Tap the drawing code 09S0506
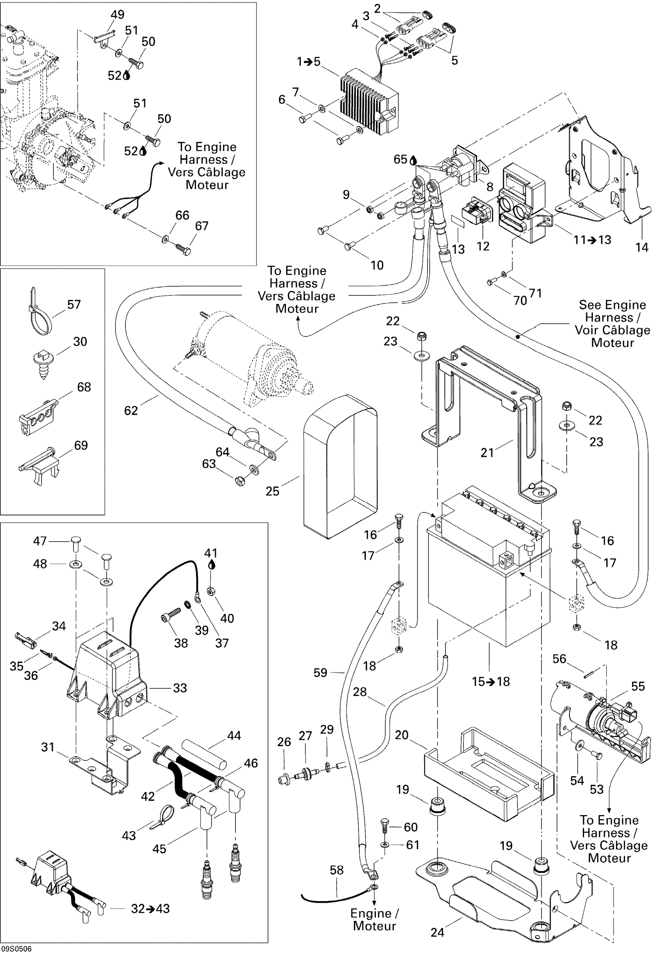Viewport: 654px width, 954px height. pos(16,949)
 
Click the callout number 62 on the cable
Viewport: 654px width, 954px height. pos(131,410)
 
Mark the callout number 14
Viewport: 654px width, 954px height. pos(642,247)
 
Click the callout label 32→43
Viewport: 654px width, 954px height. pos(150,909)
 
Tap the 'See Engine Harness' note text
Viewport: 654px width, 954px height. pos(612,324)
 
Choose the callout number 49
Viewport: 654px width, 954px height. pos(117,15)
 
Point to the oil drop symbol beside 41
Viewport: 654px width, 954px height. pos(212,565)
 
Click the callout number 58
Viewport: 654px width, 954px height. pos(337,870)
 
